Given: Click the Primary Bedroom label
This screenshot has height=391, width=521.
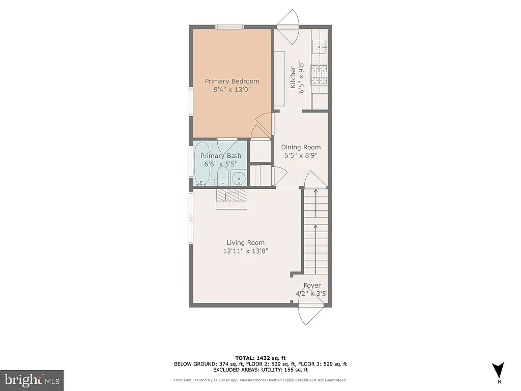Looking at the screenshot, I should (232, 81).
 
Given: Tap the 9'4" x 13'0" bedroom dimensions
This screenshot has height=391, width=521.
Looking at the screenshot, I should (232, 90).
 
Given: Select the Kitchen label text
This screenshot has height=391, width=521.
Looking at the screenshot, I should (293, 76).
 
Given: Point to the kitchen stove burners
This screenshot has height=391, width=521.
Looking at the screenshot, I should (321, 75).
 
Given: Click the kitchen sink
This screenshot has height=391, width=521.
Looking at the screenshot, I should (322, 47).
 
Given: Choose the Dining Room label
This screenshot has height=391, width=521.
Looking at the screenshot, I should (301, 147).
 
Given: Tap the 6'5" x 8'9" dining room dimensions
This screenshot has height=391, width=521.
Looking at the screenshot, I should (301, 156).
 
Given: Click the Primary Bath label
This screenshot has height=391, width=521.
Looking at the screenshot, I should (220, 156).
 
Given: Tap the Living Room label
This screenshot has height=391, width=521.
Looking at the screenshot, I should (245, 243).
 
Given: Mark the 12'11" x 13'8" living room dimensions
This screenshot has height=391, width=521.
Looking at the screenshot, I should (245, 251).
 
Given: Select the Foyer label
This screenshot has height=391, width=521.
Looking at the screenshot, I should (312, 286).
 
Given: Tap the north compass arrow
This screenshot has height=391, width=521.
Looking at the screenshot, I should (499, 371).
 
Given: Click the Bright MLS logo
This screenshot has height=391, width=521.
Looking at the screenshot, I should (32, 380).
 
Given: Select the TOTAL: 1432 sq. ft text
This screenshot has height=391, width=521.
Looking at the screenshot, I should (260, 358).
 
